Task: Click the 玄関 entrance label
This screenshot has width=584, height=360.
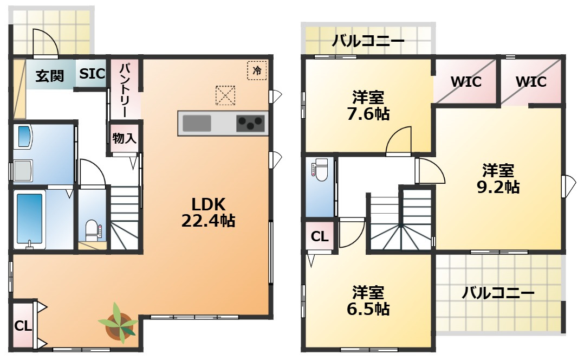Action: [49, 76]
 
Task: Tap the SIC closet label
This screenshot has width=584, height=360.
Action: [92, 73]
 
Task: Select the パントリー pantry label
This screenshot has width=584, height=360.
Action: [125, 90]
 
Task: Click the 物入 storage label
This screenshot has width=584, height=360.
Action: [125, 138]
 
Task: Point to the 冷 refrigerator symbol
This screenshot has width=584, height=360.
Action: [257, 70]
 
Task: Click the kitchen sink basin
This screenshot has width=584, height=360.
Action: [197, 123]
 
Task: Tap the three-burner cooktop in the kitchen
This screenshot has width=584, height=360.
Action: [251, 123]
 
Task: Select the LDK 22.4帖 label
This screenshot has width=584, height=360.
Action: [208, 213]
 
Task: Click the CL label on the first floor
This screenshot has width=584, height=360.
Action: [23, 326]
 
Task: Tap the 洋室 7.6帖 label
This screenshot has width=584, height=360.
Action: [368, 106]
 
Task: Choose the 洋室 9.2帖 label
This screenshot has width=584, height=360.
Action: [498, 179]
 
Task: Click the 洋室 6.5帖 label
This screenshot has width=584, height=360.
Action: [368, 301]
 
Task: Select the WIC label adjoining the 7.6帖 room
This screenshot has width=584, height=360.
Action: [466, 81]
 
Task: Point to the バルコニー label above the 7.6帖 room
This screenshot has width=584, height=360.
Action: [368, 41]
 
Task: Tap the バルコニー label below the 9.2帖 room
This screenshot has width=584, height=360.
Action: [498, 293]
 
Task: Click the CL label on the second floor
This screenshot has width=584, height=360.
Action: [320, 236]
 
